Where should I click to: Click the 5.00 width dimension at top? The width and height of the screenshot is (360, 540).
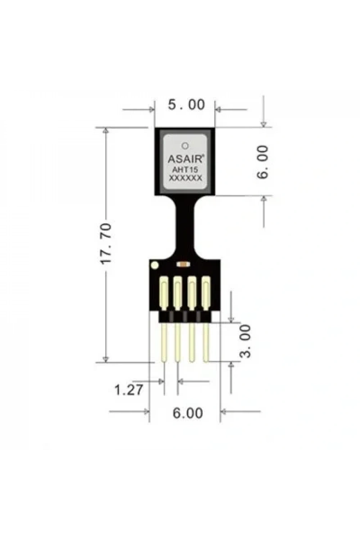click(186, 105)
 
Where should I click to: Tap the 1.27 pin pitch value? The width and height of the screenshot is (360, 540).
click(129, 390)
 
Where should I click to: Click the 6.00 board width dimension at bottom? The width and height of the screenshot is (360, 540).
click(188, 413)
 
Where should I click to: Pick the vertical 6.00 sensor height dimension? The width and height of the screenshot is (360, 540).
click(262, 162)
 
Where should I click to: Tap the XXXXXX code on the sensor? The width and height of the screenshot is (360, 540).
click(185, 179)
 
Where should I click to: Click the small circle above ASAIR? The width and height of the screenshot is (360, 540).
click(185, 145)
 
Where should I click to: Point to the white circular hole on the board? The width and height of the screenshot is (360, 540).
click(154, 265)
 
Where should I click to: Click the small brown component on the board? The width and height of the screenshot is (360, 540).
click(184, 265)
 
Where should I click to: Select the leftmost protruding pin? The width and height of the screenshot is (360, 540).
click(164, 342)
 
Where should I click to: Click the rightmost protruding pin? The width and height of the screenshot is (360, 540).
click(206, 342)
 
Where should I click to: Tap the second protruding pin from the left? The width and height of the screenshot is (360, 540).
click(178, 342)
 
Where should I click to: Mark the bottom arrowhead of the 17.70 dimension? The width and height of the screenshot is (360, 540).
click(105, 359)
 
